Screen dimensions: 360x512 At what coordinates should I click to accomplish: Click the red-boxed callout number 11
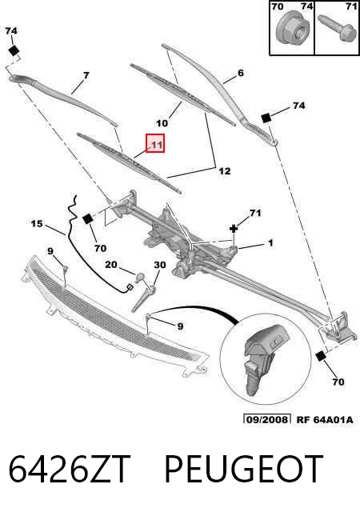pyautogui.click(x=155, y=143)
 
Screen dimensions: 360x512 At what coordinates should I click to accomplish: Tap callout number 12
pyautogui.click(x=225, y=171)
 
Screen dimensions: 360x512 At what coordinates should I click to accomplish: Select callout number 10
pyautogui.click(x=162, y=123)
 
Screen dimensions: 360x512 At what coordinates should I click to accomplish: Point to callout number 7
pyautogui.click(x=86, y=76)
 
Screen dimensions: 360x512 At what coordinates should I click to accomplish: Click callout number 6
pyautogui.click(x=241, y=73)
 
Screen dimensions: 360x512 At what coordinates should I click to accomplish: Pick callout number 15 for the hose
pyautogui.click(x=37, y=224)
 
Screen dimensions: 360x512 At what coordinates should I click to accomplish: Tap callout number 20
pyautogui.click(x=110, y=264)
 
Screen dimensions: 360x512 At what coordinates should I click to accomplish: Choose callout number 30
pyautogui.click(x=160, y=265)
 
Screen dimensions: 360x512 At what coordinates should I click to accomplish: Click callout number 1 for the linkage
pyautogui.click(x=270, y=243)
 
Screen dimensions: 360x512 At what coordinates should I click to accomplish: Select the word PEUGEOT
pyautogui.click(x=244, y=469)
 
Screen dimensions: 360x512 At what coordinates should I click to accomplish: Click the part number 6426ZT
pyautogui.click(x=70, y=469)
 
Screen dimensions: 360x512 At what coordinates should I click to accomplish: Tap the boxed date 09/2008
pyautogui.click(x=267, y=419)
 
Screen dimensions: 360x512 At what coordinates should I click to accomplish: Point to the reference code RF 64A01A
pyautogui.click(x=324, y=419)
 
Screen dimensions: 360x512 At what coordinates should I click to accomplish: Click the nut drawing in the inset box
pyautogui.click(x=291, y=28)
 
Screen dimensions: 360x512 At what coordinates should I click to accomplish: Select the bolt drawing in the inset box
pyautogui.click(x=338, y=29)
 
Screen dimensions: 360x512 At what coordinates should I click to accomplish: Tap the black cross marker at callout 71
pyautogui.click(x=234, y=229)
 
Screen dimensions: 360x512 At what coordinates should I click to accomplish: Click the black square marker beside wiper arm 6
pyautogui.click(x=266, y=118)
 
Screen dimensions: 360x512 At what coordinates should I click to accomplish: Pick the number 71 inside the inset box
pyautogui.click(x=351, y=6)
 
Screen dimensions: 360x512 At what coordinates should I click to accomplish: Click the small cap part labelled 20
pyautogui.click(x=141, y=277)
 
